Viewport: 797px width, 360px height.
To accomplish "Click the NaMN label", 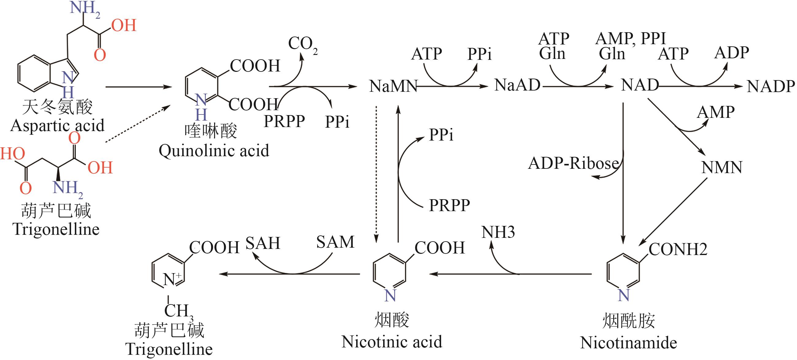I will [x=393, y=86].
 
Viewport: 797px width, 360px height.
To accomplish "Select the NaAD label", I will [x=517, y=85].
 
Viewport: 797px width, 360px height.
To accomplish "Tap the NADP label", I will [x=770, y=86].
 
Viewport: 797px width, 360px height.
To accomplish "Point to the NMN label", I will [x=722, y=168].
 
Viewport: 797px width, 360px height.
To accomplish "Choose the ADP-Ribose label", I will [x=573, y=163].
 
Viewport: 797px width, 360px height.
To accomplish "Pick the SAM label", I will [x=335, y=242].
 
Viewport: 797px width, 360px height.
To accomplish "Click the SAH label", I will [x=263, y=243].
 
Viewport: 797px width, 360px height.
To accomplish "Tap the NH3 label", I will [x=498, y=232].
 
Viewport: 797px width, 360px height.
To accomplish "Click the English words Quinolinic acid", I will [x=214, y=151].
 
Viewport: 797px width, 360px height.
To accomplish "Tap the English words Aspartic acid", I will [x=57, y=126].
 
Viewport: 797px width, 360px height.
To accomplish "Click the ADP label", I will [x=731, y=52].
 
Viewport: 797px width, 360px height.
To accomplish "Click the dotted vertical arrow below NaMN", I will [x=376, y=173].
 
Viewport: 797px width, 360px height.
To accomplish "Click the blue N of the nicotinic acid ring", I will [x=390, y=296].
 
